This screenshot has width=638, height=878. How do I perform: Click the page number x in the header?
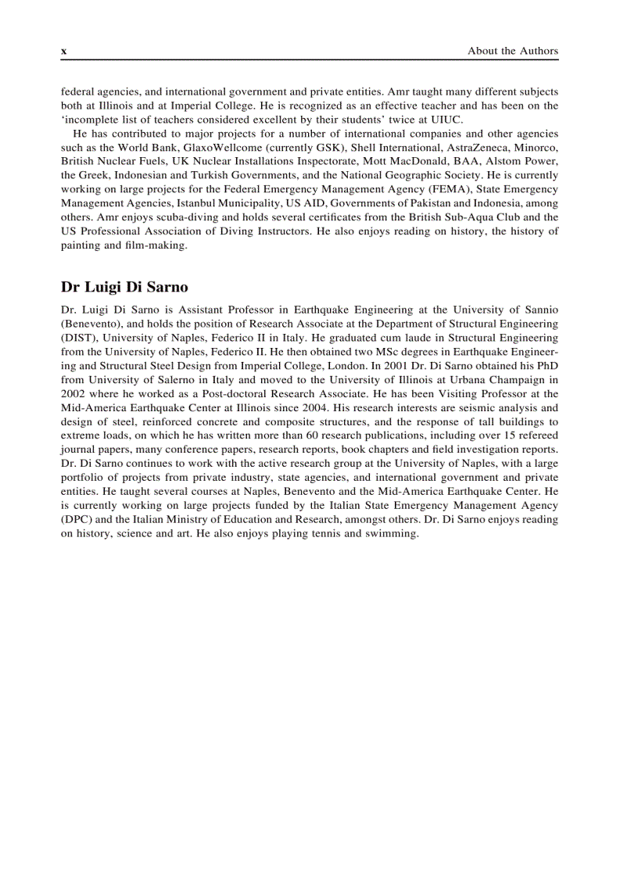[x=64, y=52]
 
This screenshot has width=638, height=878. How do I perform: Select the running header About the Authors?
[x=513, y=51]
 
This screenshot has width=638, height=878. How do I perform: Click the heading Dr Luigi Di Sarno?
[x=124, y=287]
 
